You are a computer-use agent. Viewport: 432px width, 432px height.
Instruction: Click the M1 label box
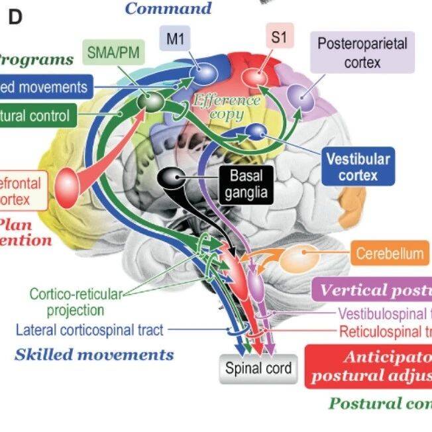(x=175, y=39)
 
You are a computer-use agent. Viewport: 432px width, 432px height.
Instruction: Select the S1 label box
(x=279, y=38)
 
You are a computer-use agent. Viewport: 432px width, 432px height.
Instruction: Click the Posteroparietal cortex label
(x=362, y=53)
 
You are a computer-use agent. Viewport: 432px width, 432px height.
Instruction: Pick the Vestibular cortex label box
(x=358, y=166)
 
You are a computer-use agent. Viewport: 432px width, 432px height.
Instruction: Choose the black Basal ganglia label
(x=246, y=184)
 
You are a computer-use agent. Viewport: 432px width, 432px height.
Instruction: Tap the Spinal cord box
(x=258, y=368)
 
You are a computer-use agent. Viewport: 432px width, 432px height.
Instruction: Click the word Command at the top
(x=168, y=8)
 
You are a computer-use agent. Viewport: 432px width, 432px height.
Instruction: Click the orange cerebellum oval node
(x=296, y=258)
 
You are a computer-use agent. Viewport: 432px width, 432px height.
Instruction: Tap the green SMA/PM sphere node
(x=153, y=101)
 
